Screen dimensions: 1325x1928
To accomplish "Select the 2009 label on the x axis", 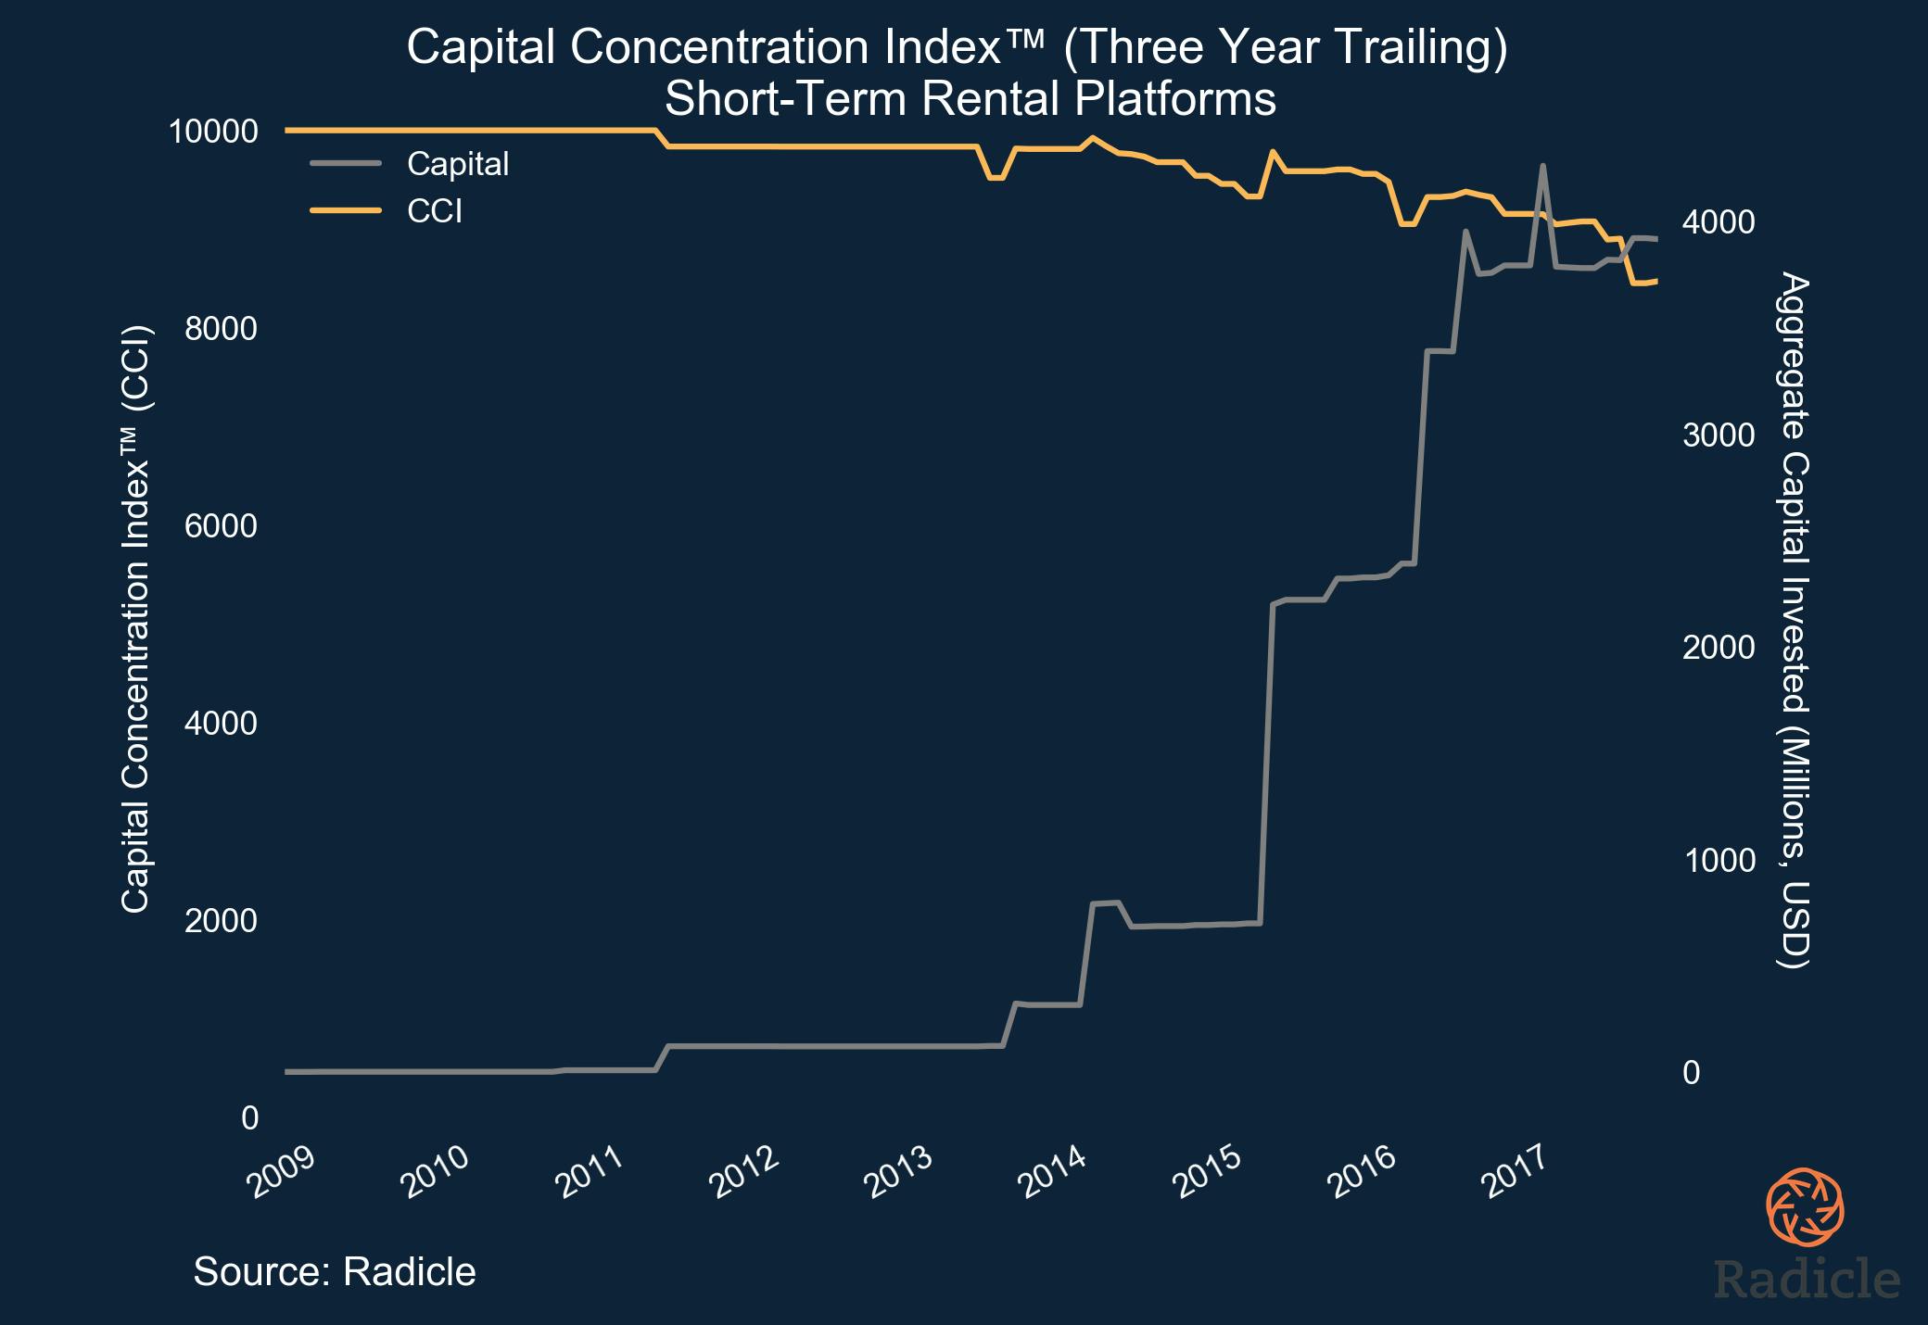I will pyautogui.click(x=282, y=1172).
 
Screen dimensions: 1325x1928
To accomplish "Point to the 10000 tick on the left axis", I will pyautogui.click(x=212, y=132).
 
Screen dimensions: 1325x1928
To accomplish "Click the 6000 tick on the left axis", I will pyautogui.click(x=221, y=526).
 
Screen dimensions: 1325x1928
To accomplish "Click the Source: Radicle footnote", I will pyautogui.click(x=335, y=1271).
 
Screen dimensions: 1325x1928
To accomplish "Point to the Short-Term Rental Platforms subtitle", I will pyautogui.click(x=970, y=99).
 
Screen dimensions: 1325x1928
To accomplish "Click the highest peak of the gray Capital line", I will pyautogui.click(x=1542, y=166).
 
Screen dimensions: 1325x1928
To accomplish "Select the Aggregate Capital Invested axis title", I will pyautogui.click(x=1795, y=621).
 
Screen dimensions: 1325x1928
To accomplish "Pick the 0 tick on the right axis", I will pyautogui.click(x=1692, y=1073).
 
